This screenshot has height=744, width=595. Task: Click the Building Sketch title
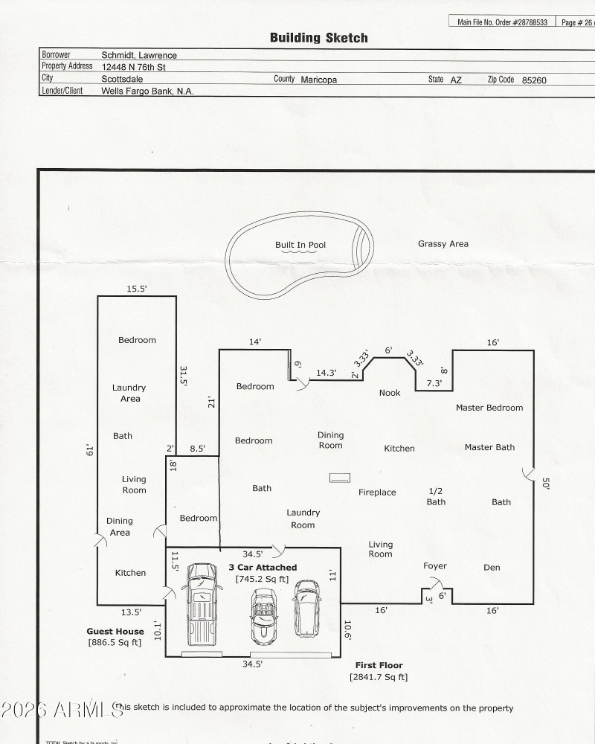point(318,38)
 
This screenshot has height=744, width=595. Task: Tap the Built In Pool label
point(300,245)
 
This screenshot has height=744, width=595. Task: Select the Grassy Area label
point(443,244)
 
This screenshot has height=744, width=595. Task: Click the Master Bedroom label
point(489,408)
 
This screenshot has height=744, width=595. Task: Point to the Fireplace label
point(377,493)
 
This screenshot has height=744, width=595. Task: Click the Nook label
point(390,393)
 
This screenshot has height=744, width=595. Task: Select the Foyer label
point(434,566)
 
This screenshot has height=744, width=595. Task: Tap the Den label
point(492,568)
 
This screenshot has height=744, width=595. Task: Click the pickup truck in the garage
point(201,603)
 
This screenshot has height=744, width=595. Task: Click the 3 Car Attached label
point(262,568)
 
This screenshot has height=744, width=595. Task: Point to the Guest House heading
point(115,632)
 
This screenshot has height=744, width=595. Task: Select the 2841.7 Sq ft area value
point(378,677)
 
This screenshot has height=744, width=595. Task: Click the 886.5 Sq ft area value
point(115,643)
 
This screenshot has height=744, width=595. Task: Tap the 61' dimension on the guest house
point(89,449)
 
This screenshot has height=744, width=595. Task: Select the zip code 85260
point(534,80)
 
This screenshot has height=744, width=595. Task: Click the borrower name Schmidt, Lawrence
point(139,55)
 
